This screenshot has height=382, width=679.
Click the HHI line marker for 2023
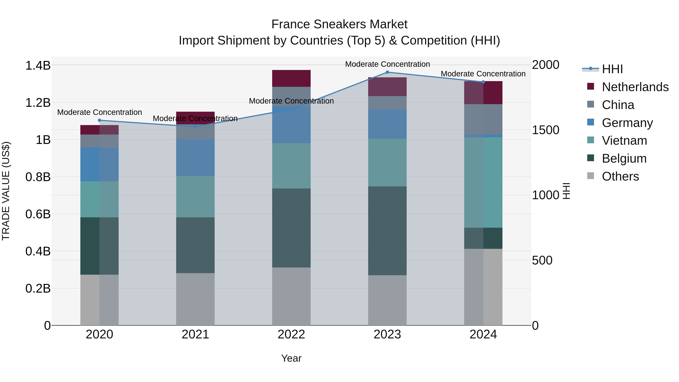[387, 72]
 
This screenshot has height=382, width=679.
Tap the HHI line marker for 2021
[195, 127]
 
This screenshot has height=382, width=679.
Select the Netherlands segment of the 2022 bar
[291, 78]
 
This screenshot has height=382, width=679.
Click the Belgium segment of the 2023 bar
[387, 231]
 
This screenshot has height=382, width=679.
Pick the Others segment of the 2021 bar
[195, 299]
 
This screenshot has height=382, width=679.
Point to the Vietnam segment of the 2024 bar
[483, 182]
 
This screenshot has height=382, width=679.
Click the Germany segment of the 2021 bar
[195, 158]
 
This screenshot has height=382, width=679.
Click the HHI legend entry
[612, 69]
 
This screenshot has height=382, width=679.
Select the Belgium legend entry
[624, 158]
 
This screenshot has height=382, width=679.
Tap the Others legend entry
[620, 176]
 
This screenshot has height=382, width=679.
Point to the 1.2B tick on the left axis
[38, 103]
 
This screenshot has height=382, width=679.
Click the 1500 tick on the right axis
[545, 130]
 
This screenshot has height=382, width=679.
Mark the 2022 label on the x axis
[291, 334]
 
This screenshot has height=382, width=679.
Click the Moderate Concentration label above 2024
[483, 74]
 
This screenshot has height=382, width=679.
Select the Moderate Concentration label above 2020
[100, 112]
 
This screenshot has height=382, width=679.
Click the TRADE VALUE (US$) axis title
[6, 191]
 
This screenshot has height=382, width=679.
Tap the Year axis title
[291, 358]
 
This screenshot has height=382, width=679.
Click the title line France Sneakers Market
[339, 24]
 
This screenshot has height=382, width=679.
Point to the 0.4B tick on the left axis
[38, 251]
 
